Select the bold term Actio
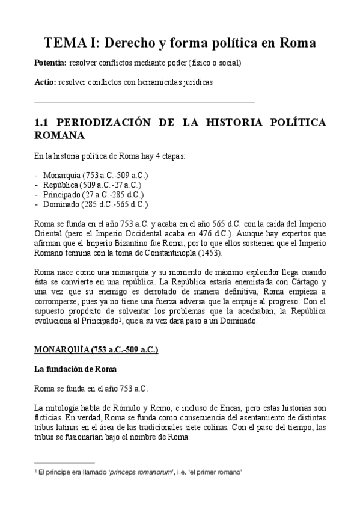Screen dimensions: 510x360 pyautogui.click(x=44, y=81)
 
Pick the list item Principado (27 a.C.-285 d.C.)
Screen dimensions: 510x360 pyautogui.click(x=93, y=194)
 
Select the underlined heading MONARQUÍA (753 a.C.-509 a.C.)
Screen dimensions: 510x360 pyautogui.click(x=96, y=349)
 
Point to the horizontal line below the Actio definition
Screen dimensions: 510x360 pyautogui.click(x=145, y=102)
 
